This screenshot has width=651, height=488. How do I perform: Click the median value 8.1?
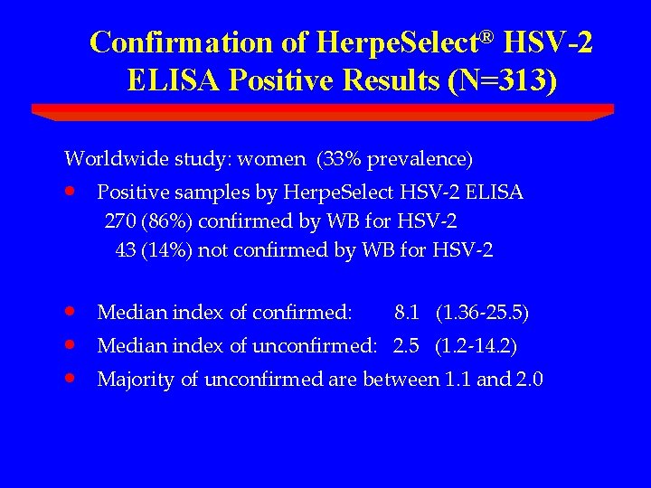point(407,314)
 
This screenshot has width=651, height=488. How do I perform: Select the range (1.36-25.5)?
point(482,314)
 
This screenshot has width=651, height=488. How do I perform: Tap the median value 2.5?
point(405,346)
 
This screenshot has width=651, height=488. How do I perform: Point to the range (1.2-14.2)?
point(476,346)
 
